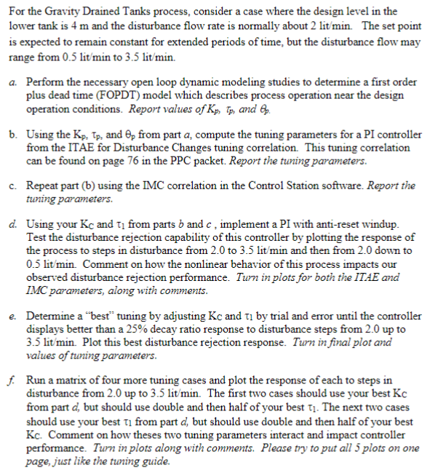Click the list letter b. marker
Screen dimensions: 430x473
pyautogui.click(x=15, y=135)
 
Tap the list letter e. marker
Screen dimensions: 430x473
pyautogui.click(x=15, y=304)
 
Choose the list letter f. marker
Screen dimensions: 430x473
pyautogui.click(x=15, y=381)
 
